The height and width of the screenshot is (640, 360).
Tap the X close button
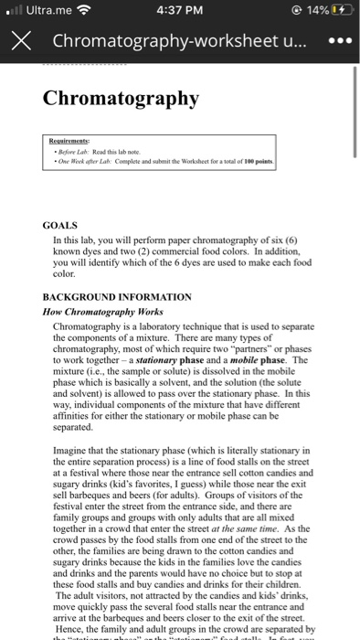(x=24, y=42)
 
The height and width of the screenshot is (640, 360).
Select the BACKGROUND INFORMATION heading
(x=117, y=297)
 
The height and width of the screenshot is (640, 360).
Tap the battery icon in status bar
(x=339, y=12)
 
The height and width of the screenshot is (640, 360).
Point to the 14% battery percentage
(x=314, y=12)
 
